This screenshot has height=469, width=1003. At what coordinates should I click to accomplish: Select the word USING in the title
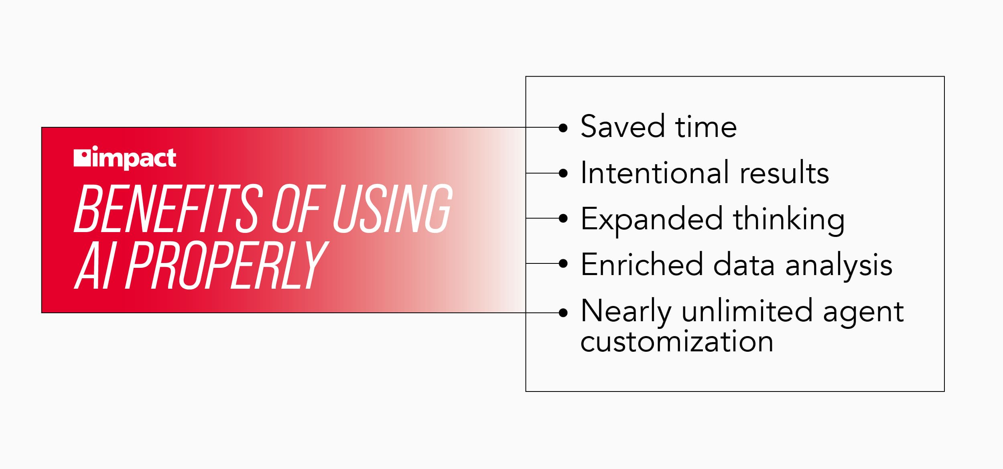393,209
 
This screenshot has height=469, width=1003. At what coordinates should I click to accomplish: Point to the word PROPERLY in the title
227,265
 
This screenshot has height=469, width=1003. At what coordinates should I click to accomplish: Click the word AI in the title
95,265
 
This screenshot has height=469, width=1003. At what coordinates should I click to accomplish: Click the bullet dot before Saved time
563,128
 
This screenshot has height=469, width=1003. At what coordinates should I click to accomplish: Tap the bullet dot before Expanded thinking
563,218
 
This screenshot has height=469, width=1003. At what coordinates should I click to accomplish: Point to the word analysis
839,266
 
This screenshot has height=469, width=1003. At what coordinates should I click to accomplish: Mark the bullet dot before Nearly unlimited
563,313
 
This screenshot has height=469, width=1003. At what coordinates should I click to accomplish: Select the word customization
677,342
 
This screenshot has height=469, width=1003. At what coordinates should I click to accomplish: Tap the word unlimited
747,310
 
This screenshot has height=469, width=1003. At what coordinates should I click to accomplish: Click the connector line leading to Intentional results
542,173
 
